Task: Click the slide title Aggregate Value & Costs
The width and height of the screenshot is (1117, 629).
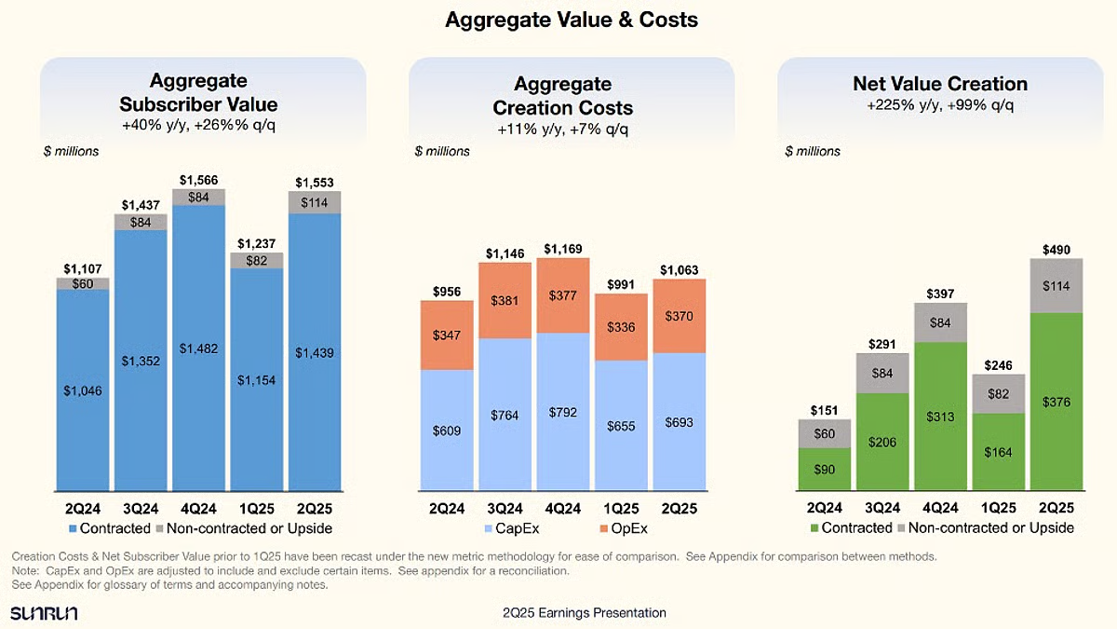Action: pyautogui.click(x=572, y=20)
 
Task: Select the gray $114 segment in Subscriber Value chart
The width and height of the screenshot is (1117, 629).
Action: pyautogui.click(x=315, y=202)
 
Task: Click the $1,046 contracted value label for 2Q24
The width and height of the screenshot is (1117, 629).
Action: pyautogui.click(x=83, y=391)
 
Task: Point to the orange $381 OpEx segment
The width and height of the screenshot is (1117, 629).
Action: pyautogui.click(x=505, y=301)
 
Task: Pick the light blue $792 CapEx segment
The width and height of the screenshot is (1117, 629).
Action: pyautogui.click(x=563, y=411)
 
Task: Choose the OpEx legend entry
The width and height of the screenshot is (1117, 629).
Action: pyautogui.click(x=629, y=527)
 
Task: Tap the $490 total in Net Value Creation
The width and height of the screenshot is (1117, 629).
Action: pyautogui.click(x=1056, y=249)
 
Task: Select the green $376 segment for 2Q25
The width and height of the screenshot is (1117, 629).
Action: pyautogui.click(x=1056, y=403)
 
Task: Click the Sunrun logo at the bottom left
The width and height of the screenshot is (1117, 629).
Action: pyautogui.click(x=43, y=612)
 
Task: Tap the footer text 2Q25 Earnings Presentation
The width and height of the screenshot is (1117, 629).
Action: pyautogui.click(x=584, y=612)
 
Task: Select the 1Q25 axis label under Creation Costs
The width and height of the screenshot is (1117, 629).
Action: pyautogui.click(x=621, y=509)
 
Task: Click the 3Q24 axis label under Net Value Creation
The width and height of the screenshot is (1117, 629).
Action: pyautogui.click(x=882, y=509)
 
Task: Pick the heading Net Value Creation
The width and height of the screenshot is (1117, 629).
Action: pyautogui.click(x=940, y=84)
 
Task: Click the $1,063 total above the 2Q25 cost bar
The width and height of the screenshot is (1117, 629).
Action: pyautogui.click(x=679, y=270)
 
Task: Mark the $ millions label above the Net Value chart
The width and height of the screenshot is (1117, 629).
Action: pyautogui.click(x=813, y=151)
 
